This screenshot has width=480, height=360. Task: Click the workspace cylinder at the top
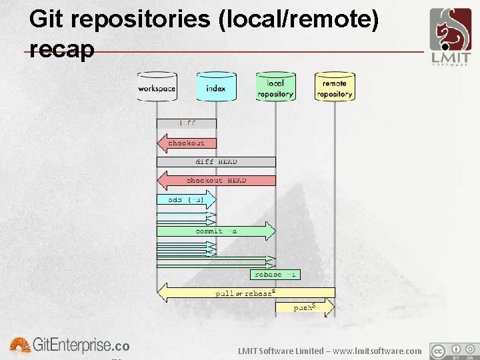point(157,88)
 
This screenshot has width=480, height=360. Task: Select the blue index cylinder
point(216,88)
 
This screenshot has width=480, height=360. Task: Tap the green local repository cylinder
point(275,88)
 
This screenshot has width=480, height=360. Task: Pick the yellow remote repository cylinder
point(335,88)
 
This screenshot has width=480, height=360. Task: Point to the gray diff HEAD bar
point(216,162)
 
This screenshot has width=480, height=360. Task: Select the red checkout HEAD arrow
point(216,181)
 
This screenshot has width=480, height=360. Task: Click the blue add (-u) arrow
point(187,199)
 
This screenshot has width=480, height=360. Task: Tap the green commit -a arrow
point(216,231)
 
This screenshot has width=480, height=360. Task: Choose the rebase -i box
point(275,275)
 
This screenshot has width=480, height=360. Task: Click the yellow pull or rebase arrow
point(245,293)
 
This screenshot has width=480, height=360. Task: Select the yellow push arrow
point(305,307)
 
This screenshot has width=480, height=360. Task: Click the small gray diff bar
point(187,123)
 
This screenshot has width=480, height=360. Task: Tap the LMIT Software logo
point(451,37)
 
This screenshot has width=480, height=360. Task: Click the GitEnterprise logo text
point(70,346)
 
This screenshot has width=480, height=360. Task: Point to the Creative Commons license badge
point(454,351)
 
